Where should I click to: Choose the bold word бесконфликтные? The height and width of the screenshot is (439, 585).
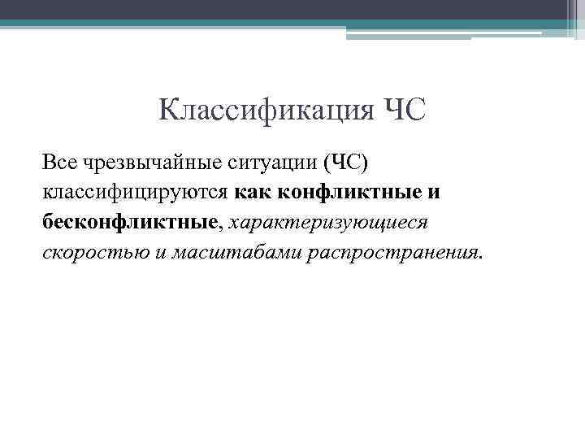click(x=131, y=221)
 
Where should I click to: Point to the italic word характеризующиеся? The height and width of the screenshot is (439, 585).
click(x=329, y=221)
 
